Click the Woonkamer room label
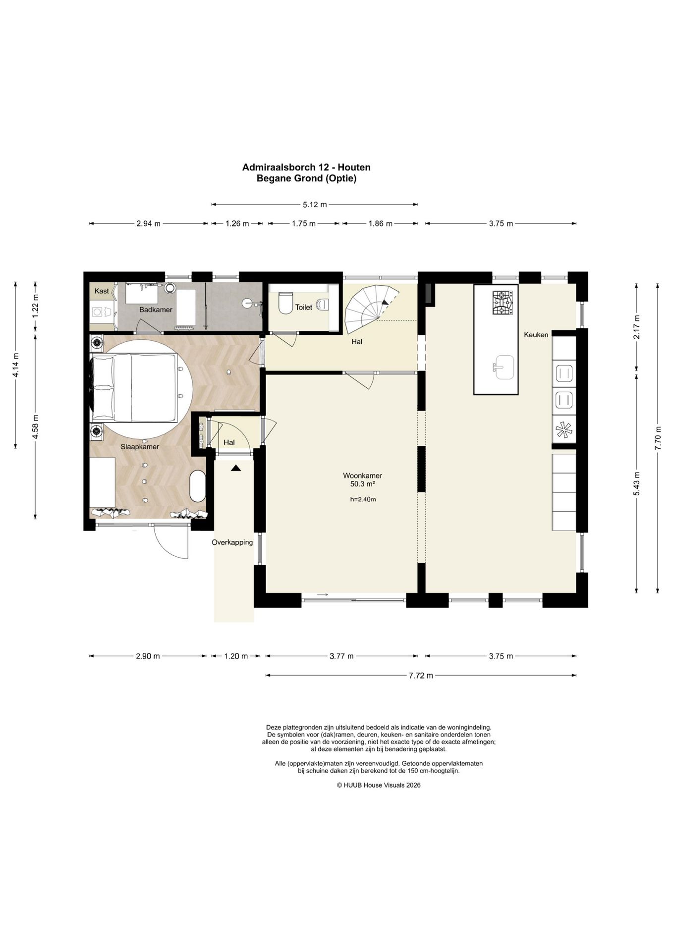(x=362, y=475)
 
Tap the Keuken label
(x=536, y=335)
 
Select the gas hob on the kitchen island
(x=503, y=303)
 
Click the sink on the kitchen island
(x=503, y=367)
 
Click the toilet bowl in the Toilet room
(x=285, y=303)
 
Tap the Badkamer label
(x=156, y=310)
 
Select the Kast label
(x=102, y=291)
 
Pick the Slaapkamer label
(x=140, y=447)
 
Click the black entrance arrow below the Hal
(x=235, y=467)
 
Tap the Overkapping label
(x=232, y=542)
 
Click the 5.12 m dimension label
(x=315, y=204)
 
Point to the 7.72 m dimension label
(x=421, y=676)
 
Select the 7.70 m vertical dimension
(x=658, y=438)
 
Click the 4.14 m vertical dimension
(x=16, y=366)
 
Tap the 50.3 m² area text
(x=362, y=484)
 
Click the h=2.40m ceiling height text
(x=363, y=499)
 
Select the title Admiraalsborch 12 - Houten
(x=306, y=167)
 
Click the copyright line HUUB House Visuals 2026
(x=379, y=785)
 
